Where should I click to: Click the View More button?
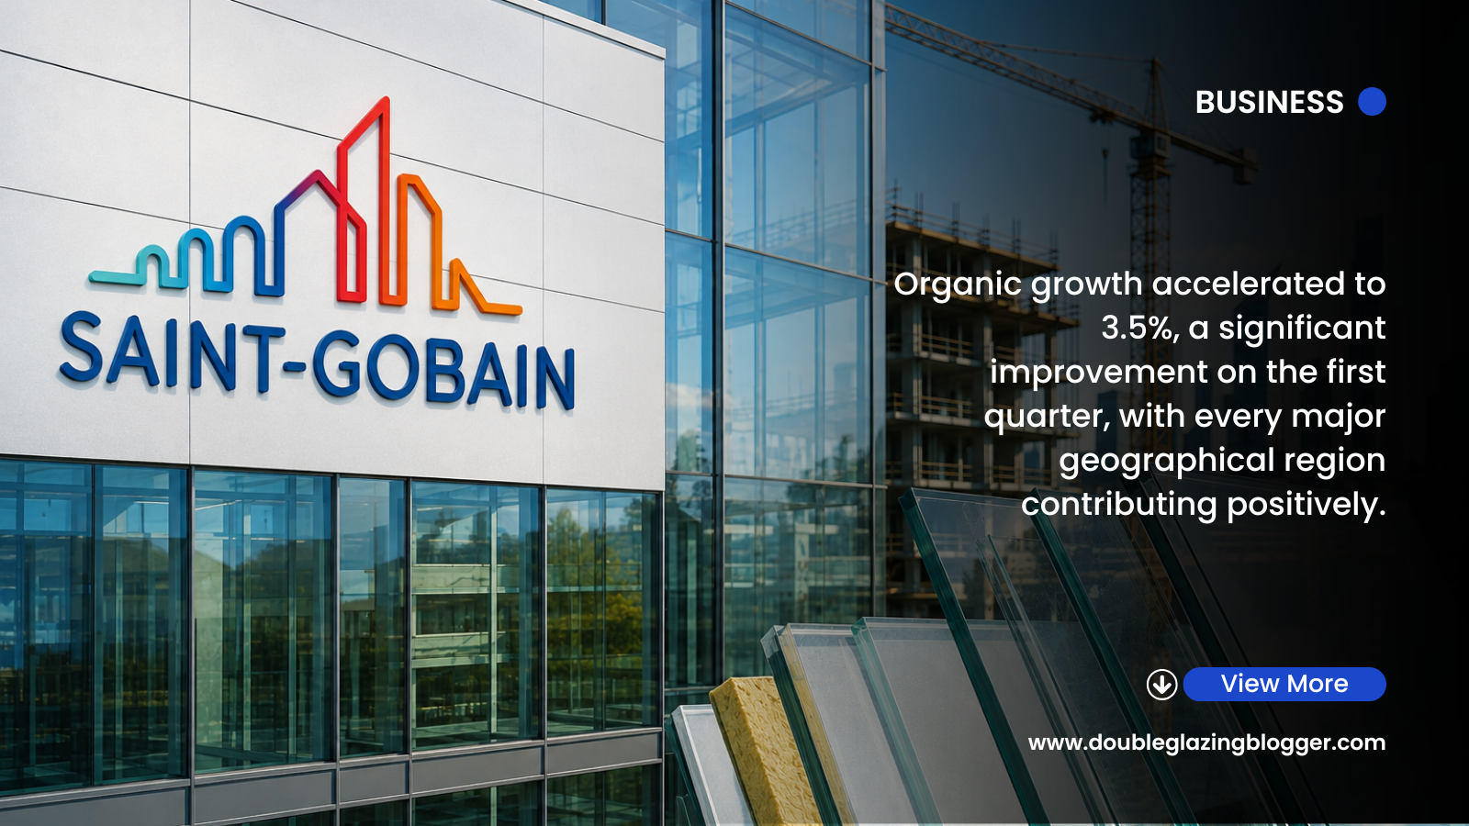point(1284,684)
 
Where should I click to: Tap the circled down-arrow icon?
point(1161,685)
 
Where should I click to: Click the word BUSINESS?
point(1269,102)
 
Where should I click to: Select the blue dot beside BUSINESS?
point(1372,102)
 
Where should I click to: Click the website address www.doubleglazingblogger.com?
point(1206,742)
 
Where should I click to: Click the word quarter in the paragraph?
point(1048,417)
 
